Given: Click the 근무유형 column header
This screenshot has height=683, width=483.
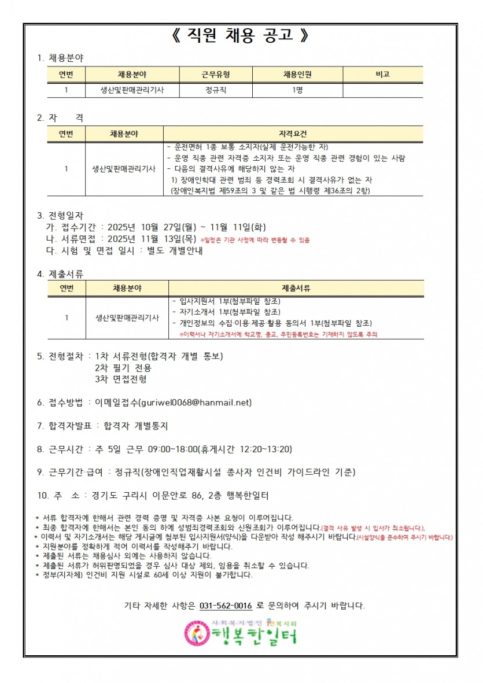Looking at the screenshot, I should pos(216,75).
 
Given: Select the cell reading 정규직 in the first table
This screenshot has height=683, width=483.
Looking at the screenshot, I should pos(216,90).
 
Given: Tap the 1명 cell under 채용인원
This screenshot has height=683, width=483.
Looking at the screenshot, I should pos(297,90).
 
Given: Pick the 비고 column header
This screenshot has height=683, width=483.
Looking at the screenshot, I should pos(382,75).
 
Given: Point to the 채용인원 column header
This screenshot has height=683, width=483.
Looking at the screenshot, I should pos(297,75).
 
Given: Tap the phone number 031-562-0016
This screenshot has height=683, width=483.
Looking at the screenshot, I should pos(226,606).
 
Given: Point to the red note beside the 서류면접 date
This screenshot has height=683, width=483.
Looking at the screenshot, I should pos(255,239).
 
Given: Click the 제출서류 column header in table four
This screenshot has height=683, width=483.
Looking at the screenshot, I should pos(296,288).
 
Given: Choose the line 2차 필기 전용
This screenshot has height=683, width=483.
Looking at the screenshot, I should pos(123,368).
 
